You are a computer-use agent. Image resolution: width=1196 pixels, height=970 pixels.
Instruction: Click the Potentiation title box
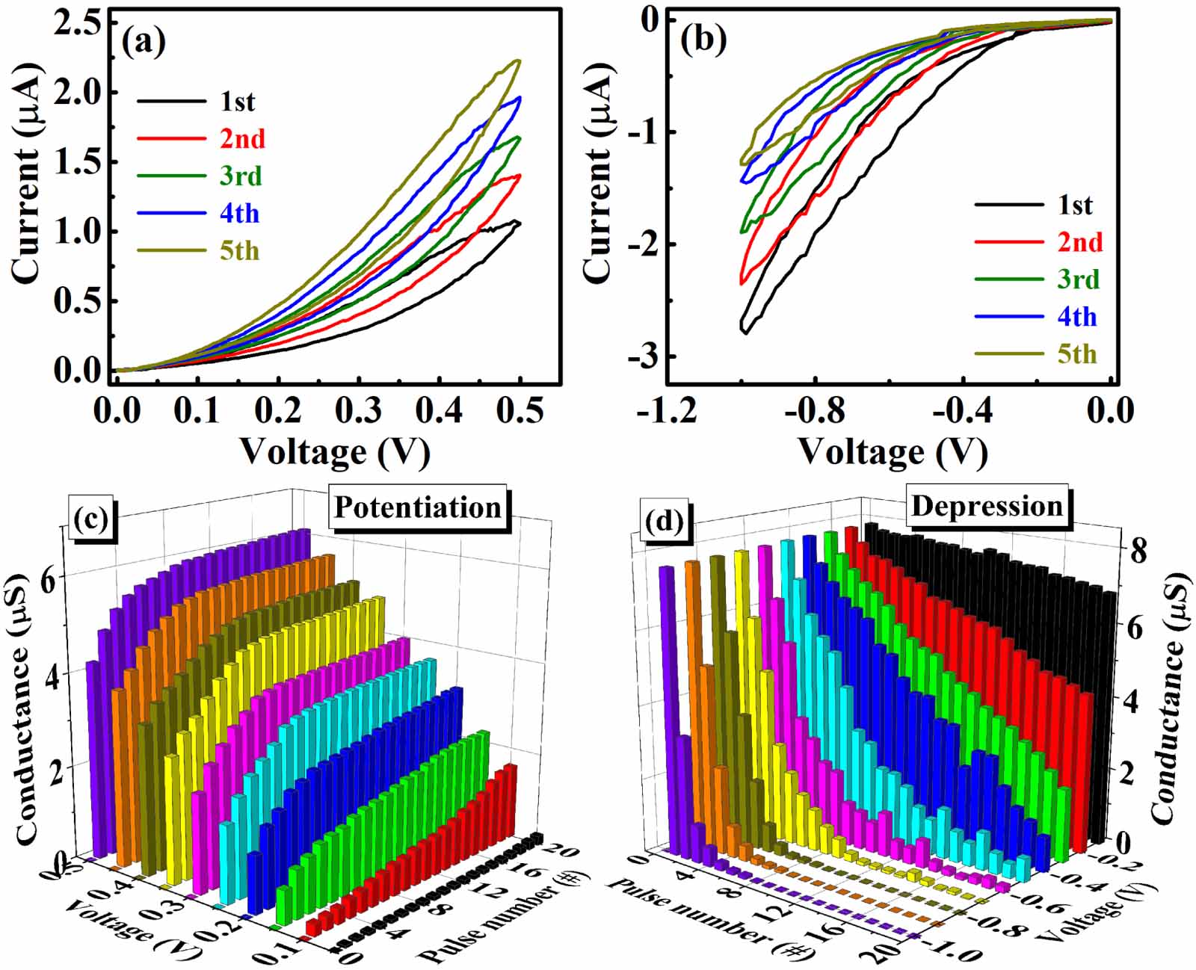(x=418, y=507)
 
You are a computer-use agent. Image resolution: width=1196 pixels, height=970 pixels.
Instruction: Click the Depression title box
(x=987, y=506)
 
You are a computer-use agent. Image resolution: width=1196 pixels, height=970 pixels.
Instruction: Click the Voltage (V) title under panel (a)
(x=334, y=451)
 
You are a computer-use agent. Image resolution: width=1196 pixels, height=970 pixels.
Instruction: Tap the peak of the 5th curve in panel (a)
(x=518, y=61)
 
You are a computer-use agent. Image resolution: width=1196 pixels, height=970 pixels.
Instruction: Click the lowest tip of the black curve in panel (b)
(x=745, y=333)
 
